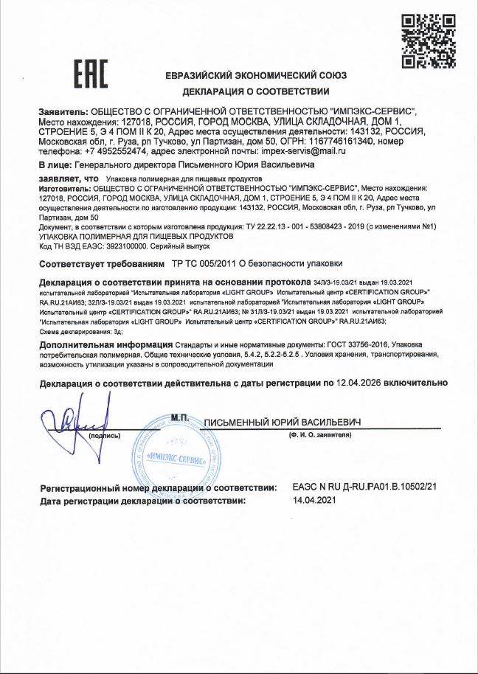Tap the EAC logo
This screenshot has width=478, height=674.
pos(90,74)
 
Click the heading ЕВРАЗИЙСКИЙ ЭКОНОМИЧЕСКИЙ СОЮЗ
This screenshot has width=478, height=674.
pos(256,76)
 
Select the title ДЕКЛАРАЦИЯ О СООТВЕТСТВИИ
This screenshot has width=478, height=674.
pos(256,92)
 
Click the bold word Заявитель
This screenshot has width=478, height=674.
pos(62,111)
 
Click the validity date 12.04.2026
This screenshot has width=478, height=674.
pos(358,383)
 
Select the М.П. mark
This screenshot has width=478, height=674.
pos(181,418)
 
